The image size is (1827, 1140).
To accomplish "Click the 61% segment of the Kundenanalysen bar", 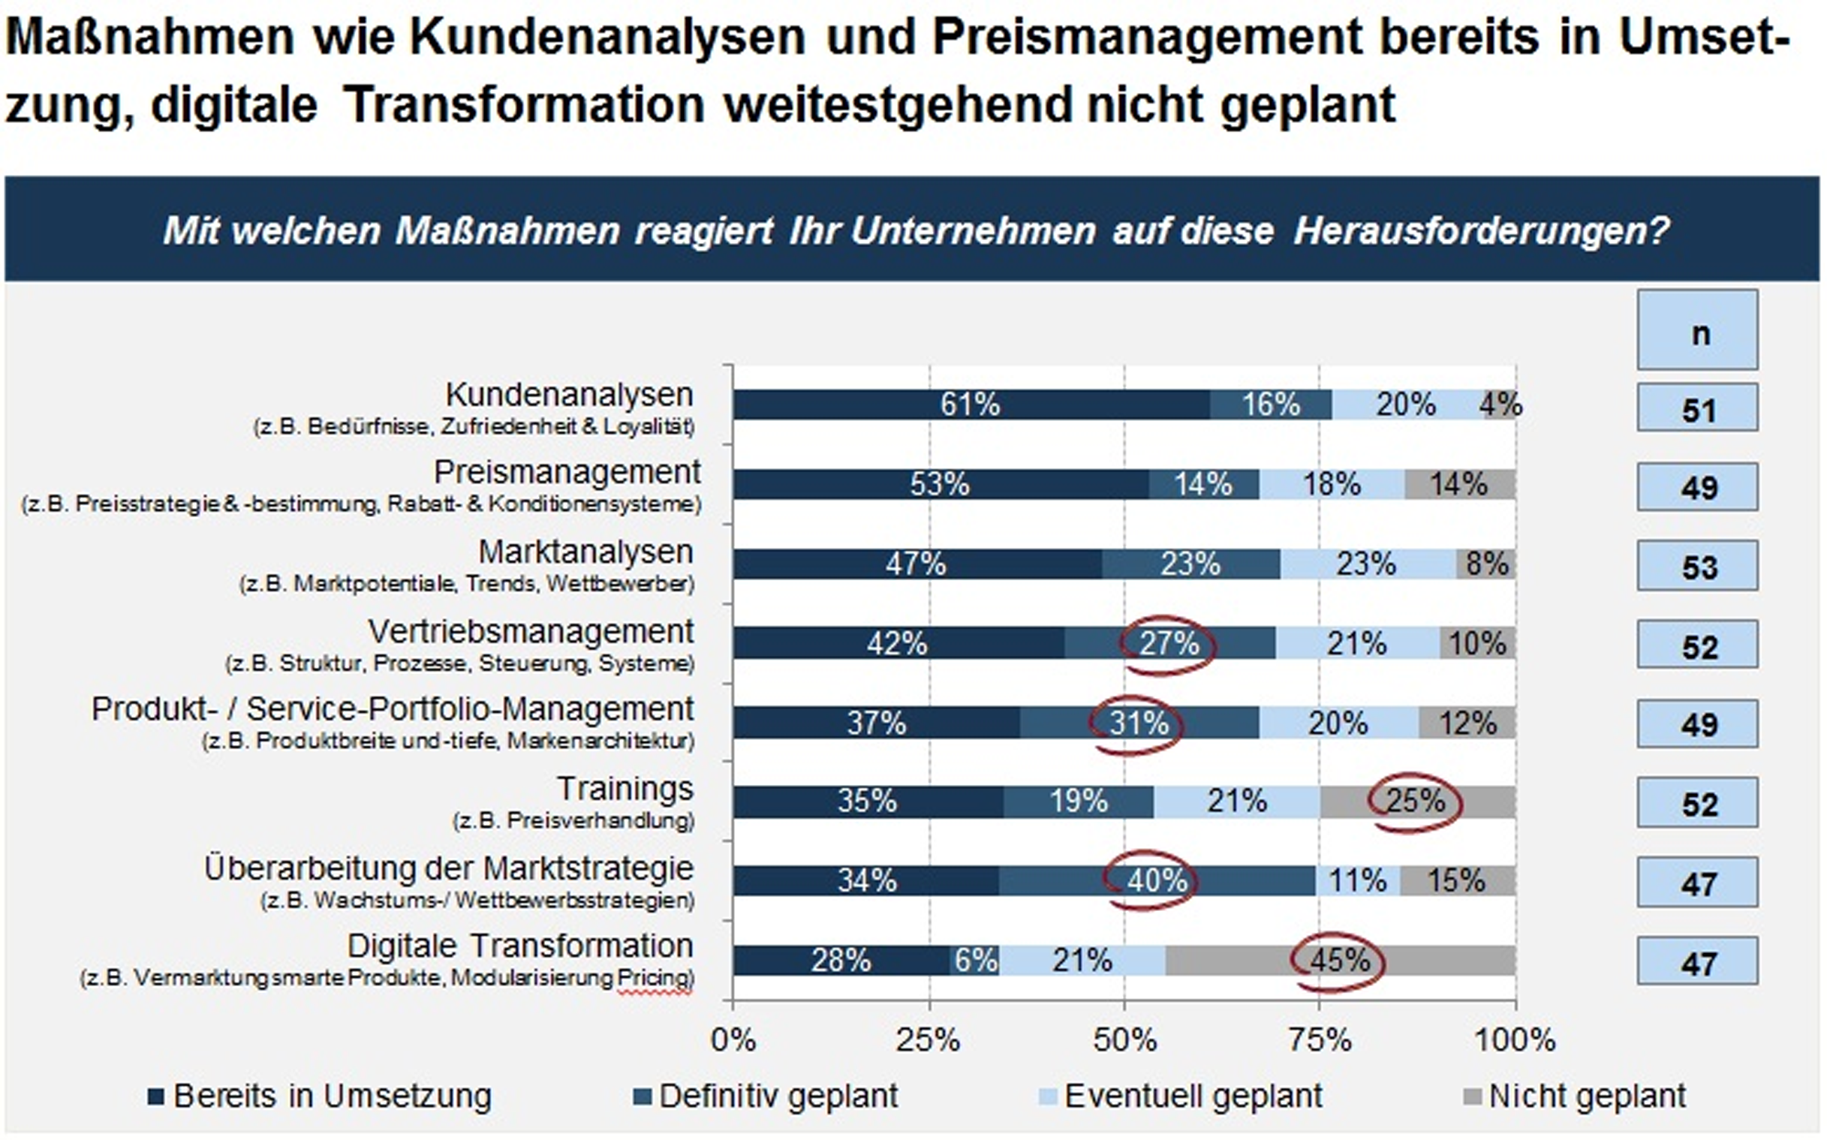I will [x=970, y=405].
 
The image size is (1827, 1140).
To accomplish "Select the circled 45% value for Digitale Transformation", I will [x=1339, y=961].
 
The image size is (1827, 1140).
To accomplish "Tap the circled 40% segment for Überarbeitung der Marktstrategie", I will [x=1157, y=880].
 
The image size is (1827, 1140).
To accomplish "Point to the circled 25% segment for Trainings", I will [x=1416, y=802].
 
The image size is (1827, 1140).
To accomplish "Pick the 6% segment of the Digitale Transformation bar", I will [x=976, y=961].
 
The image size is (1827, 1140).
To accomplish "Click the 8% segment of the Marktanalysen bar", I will [x=1486, y=564].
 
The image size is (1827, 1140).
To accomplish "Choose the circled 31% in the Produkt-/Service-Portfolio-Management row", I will [x=1139, y=723].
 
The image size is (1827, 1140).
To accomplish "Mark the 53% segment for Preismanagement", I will [x=939, y=484].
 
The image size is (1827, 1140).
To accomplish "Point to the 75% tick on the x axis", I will [x=1320, y=1040].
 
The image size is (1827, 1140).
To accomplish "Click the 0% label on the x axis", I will [x=733, y=1040].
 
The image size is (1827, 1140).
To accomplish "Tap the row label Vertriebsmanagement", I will [x=530, y=632].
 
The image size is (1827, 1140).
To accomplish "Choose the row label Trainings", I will [x=625, y=790].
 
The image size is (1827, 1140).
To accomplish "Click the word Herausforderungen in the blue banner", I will [x=1482, y=230].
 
